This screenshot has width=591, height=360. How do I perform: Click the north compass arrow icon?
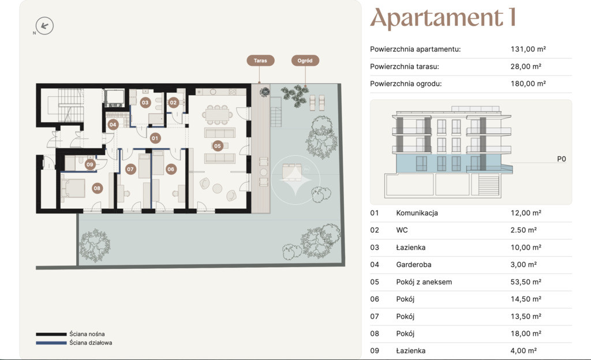[x=44, y=26]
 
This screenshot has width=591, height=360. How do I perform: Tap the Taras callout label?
[x=260, y=60]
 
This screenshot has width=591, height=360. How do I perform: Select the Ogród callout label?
[x=305, y=60]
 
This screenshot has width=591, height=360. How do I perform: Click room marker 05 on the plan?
[x=218, y=146]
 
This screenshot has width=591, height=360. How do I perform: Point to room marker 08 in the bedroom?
[x=97, y=188]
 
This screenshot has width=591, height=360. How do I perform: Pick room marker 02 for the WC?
[x=173, y=103]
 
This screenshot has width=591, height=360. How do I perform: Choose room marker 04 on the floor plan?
[x=113, y=125]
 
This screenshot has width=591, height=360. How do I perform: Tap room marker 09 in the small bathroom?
[x=89, y=164]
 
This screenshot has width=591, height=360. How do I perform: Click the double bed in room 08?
[x=73, y=188]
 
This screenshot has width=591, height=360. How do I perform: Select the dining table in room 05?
[x=218, y=114]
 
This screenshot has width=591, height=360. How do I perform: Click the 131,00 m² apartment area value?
[x=528, y=49]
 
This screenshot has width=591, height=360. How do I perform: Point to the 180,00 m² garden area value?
[x=528, y=84]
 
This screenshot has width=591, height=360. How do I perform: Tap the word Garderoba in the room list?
[x=413, y=265]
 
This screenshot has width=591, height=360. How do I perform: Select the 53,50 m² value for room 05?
[x=526, y=282]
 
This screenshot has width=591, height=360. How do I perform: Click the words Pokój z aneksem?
[x=424, y=282]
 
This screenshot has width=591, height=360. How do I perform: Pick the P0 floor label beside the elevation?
[x=561, y=159]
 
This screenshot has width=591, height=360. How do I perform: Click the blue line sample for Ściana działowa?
[x=51, y=343]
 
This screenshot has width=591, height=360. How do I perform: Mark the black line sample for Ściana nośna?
[x=51, y=334]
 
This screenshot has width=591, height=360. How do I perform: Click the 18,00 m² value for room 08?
[x=526, y=333]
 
